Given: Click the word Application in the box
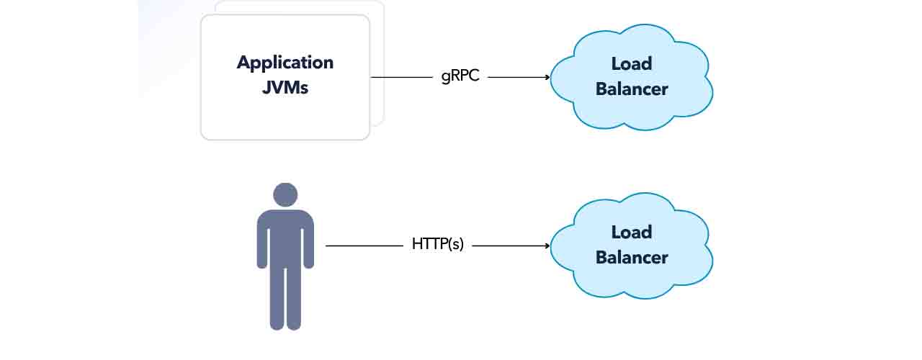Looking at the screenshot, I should coord(285,63).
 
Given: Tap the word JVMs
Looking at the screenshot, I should coord(285,89).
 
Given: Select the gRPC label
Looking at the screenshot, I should coord(460,76).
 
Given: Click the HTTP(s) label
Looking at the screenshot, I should coord(438,245).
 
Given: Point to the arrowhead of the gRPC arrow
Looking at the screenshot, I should coord(547,77).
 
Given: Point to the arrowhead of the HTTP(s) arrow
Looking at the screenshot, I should coord(547,246).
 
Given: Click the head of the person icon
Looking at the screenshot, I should coord(285,195).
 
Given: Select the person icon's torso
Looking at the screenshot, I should coord(285,238).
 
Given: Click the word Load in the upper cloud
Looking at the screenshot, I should coord(632,64).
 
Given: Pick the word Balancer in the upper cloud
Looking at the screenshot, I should coord(632,89).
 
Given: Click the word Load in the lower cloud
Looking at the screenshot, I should coord(632,233).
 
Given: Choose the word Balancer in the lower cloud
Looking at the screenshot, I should coord(632,258).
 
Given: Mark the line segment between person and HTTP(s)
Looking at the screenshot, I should coord(364,246).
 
